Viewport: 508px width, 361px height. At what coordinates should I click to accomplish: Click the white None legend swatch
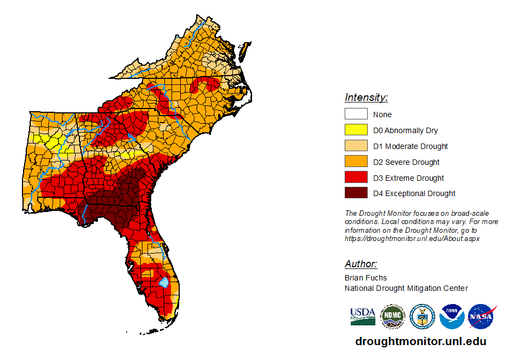[x=356, y=114]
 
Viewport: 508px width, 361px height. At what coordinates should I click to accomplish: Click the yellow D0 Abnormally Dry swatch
[x=356, y=130]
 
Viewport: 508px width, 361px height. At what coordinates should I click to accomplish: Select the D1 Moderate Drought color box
[x=356, y=146]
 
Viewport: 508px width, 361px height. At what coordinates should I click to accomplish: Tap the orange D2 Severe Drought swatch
[x=356, y=162]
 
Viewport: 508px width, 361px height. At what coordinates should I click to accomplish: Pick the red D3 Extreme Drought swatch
[x=356, y=178]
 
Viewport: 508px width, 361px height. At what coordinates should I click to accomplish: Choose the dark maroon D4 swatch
[x=356, y=193]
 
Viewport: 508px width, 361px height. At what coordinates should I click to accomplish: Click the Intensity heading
[x=366, y=98]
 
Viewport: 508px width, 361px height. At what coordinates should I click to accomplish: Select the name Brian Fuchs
[x=366, y=278]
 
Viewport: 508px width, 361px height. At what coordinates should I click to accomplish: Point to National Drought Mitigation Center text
[x=406, y=288]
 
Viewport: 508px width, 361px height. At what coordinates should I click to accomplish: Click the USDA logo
[x=363, y=316]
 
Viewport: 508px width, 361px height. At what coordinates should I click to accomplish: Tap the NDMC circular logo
[x=392, y=317]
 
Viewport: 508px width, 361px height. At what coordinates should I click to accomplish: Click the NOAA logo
[x=452, y=317]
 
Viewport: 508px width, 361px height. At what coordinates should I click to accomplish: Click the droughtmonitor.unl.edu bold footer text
[x=420, y=341]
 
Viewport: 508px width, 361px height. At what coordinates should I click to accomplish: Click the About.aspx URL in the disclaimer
[x=412, y=239]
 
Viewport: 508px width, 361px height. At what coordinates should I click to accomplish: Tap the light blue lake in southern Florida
[x=163, y=283]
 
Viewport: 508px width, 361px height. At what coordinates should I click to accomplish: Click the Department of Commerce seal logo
[x=422, y=317]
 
